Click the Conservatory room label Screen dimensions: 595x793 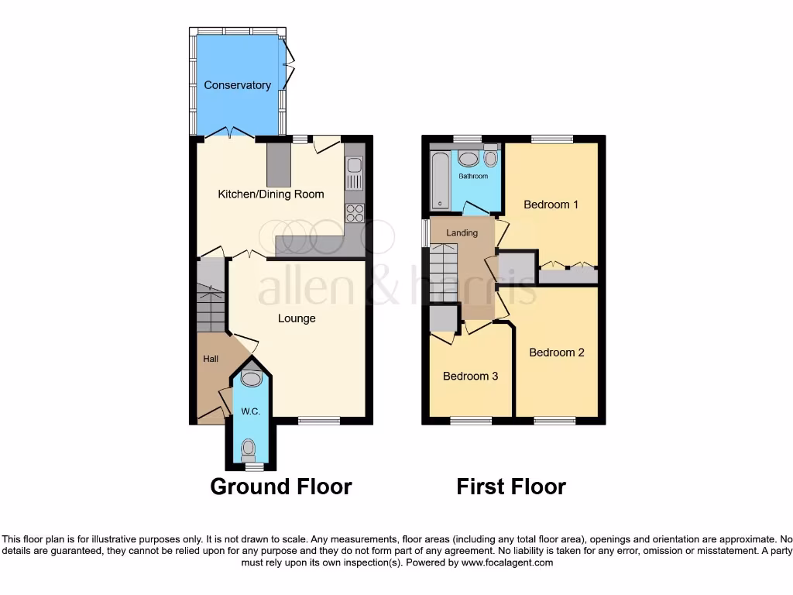point(237,85)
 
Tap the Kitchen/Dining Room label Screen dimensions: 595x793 point(270,194)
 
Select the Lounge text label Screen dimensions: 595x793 point(297,318)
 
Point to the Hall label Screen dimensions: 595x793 point(211,359)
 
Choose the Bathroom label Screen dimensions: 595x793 point(473,177)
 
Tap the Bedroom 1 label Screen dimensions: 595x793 point(551,205)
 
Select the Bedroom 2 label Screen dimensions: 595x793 point(556,353)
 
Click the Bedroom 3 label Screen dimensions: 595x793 point(470,377)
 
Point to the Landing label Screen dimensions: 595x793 point(462,232)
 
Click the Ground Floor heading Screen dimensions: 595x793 point(281,487)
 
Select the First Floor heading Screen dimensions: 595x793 point(511,487)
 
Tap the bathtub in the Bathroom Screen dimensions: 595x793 point(439,181)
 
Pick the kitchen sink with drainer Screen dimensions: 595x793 point(355,172)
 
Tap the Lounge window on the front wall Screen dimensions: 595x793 point(318,421)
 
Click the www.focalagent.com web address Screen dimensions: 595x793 point(507,562)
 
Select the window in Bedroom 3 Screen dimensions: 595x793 point(472,421)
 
